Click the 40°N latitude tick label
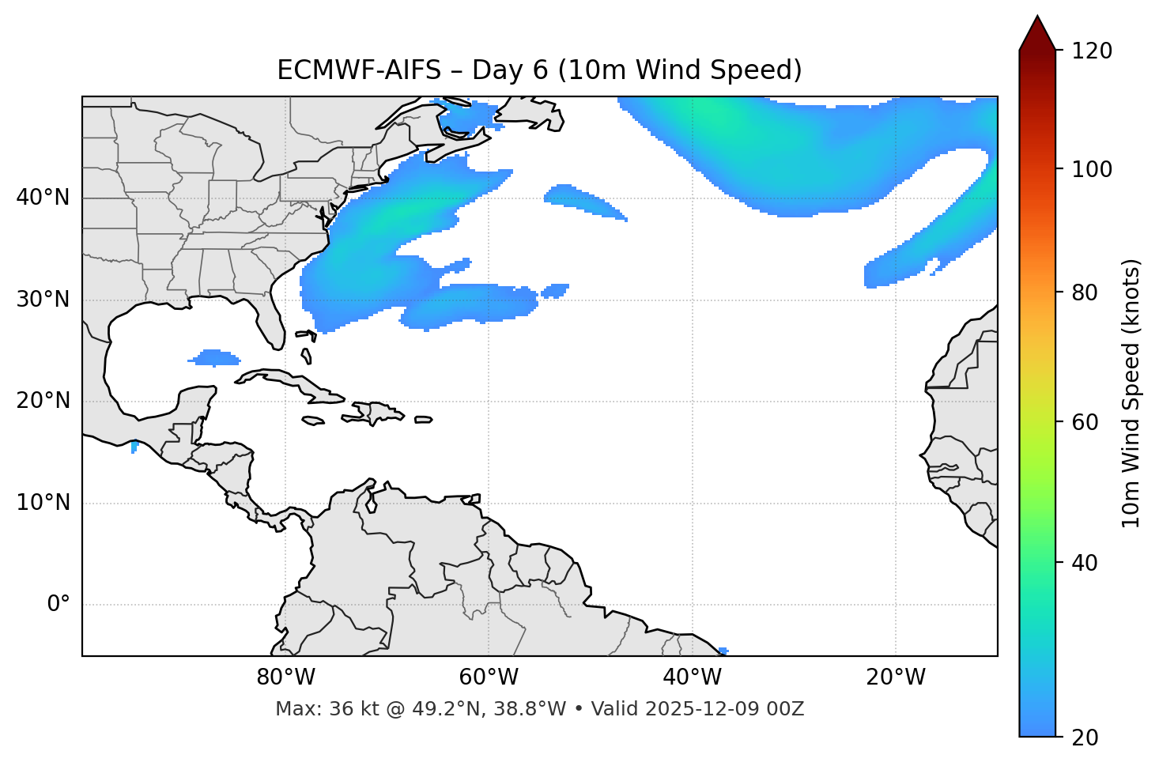(x=43, y=198)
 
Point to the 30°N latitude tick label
(x=43, y=300)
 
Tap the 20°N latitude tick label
(x=43, y=401)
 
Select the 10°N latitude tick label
(x=43, y=503)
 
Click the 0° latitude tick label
(x=59, y=605)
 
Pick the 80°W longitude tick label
(x=285, y=677)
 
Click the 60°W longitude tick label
(x=489, y=677)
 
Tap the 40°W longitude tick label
(x=692, y=677)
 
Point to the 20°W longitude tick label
(x=896, y=677)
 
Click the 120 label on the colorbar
(x=1092, y=51)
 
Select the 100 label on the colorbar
(x=1092, y=169)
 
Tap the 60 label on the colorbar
(x=1085, y=422)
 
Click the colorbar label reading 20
(x=1085, y=738)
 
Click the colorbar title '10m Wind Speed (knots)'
(x=1131, y=394)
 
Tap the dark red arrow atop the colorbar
(x=1037, y=33)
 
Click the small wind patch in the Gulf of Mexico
(x=214, y=358)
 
